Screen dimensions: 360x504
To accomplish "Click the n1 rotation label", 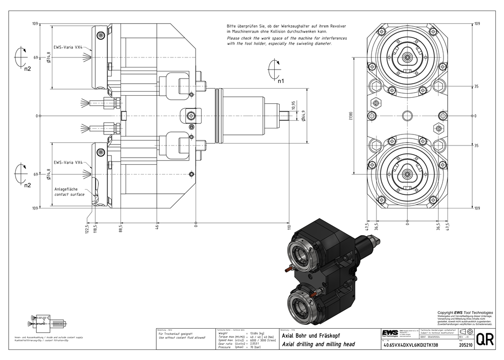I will [281, 80].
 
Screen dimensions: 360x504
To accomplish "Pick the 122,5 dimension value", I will [88, 229].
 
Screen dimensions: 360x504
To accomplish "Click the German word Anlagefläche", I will [67, 189].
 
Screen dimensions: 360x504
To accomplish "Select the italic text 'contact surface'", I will [69, 194].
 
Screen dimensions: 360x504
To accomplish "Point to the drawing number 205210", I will [466, 345].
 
